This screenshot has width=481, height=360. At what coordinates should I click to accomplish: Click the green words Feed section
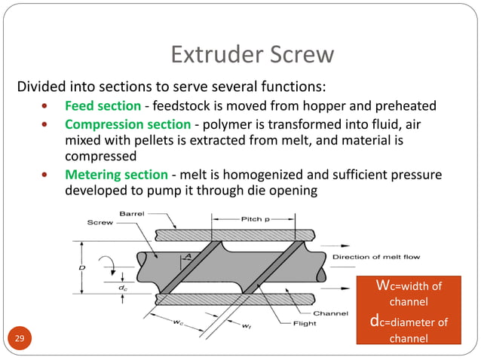(103, 105)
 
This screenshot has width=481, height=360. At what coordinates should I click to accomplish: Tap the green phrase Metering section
(115, 175)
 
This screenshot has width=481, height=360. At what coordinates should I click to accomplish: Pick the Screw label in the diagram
(100, 223)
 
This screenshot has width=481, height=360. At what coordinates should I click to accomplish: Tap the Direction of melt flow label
(376, 258)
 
